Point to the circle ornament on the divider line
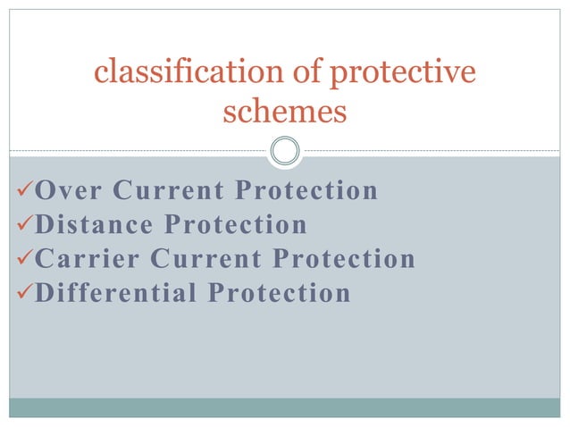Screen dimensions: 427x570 [285, 150]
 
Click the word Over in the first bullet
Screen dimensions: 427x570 [67, 190]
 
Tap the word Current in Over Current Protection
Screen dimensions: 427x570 [169, 190]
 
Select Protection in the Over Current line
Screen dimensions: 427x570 [306, 190]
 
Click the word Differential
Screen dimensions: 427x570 [115, 292]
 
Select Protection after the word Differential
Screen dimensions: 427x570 [280, 292]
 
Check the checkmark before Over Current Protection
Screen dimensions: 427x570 [23, 190]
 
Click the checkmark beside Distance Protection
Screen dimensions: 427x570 [23, 224]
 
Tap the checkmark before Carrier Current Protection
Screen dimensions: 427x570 [23, 258]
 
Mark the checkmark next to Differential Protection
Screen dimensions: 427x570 [23, 292]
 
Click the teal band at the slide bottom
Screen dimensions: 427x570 [285, 407]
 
